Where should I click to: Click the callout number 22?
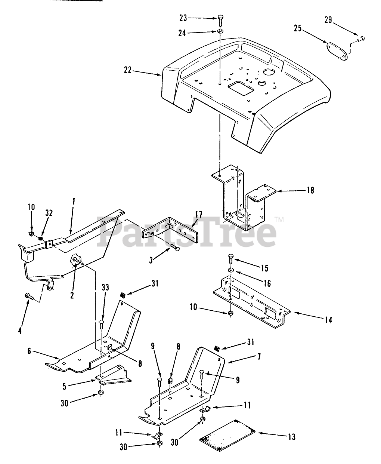coord(128,70)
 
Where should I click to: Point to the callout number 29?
coord(328,20)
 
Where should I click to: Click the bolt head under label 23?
coord(220,18)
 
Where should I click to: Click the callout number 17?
coord(198,215)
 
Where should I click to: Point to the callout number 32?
coord(49,213)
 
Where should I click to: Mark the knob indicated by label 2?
coord(77,259)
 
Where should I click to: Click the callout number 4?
coord(20,330)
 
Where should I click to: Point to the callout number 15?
coord(265,268)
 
